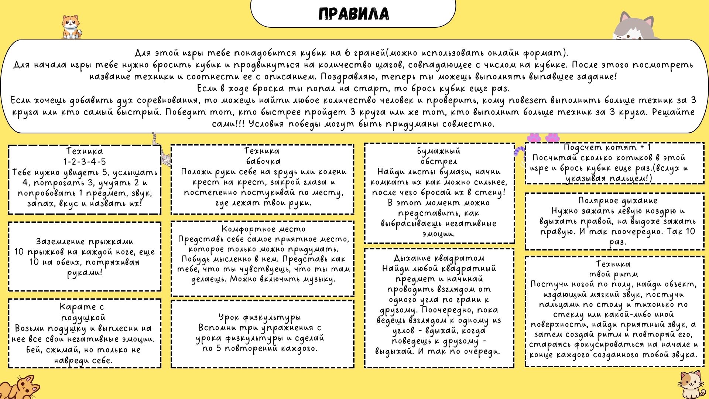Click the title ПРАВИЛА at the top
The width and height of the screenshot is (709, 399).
(x=353, y=14)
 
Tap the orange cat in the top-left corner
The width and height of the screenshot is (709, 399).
(x=71, y=27)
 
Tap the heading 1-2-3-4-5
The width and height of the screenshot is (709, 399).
(x=85, y=161)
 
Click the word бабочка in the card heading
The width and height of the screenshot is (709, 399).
(x=263, y=161)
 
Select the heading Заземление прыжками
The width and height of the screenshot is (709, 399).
(x=85, y=242)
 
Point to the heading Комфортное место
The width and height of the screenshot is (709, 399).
(x=263, y=229)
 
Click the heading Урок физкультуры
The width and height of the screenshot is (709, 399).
(x=260, y=317)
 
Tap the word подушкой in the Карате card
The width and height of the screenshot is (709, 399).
(x=83, y=317)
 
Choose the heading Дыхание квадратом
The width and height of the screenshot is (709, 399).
(x=439, y=258)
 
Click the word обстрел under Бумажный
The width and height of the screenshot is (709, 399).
(x=438, y=161)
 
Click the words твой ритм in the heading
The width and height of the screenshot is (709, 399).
(x=613, y=274)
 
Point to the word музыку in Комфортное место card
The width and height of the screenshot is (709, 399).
(x=319, y=279)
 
